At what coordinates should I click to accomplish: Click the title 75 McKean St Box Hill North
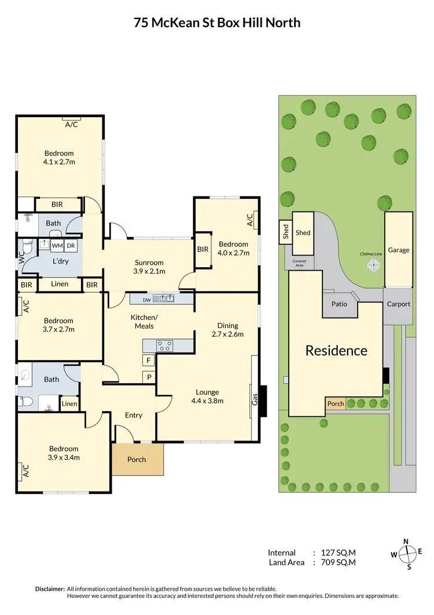pos(217,23)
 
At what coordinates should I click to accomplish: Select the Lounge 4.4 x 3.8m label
pos(207,396)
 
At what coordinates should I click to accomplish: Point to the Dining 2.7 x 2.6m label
pos(227,330)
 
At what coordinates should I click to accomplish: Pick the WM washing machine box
pos(57,246)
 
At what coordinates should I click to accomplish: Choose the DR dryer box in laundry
pos(71,246)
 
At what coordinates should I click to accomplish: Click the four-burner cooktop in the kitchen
pos(164,346)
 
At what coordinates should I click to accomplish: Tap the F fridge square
pos(149,361)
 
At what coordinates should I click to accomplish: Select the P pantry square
pos(149,377)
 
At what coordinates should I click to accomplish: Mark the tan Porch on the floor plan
pos(137,459)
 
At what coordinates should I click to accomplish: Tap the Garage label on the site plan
pos(398,250)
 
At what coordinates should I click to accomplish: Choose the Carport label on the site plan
pos(398,304)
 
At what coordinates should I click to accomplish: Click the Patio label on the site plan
pos(339,304)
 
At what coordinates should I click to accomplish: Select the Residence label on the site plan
pos(336,350)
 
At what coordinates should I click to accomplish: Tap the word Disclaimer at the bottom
pos(50,588)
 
